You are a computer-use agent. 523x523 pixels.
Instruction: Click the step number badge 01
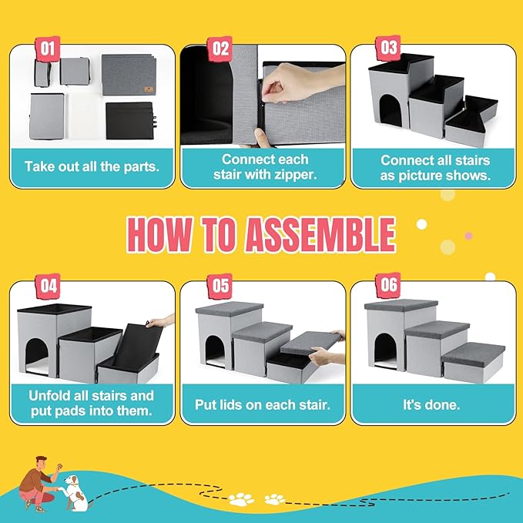click(x=48, y=49)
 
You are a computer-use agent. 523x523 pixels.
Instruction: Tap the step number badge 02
click(x=220, y=49)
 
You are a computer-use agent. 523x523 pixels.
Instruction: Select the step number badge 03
click(x=389, y=49)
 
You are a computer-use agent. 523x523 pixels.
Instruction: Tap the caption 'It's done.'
click(x=433, y=404)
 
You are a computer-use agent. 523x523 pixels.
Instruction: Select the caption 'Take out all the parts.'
click(x=92, y=166)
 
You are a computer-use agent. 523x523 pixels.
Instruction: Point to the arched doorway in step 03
click(x=391, y=113)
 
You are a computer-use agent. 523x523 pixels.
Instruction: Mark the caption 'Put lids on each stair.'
click(x=262, y=404)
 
